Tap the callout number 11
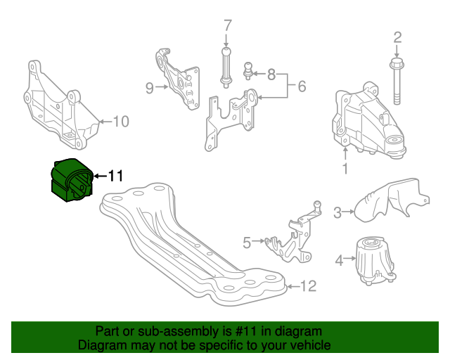click(115, 176)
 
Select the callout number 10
click(121, 122)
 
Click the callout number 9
click(149, 88)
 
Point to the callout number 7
click(227, 27)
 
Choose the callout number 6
click(301, 86)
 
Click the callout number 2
click(397, 37)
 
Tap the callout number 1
click(345, 169)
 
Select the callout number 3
click(338, 212)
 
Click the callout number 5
click(247, 243)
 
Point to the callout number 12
click(308, 286)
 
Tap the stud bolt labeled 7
click(226, 65)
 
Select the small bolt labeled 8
click(248, 72)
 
